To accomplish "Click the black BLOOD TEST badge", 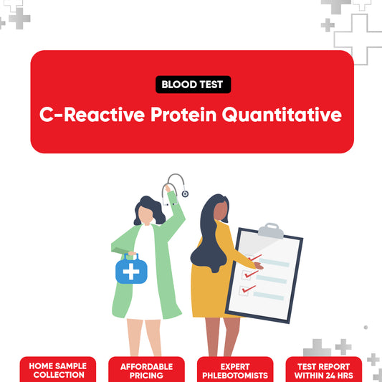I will coord(192,85).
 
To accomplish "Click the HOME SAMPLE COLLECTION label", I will coord(57,370).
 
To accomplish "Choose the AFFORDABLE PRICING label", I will coord(146,370).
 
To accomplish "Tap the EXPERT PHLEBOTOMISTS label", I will coord(235,370).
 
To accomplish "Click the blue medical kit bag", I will coord(132,270).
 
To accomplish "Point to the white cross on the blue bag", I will coord(132,272).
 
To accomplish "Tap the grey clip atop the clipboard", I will coord(270,230).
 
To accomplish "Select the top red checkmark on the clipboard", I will coord(254,257).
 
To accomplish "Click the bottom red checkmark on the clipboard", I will coord(248,290).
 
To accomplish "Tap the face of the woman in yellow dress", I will coord(219,210).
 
